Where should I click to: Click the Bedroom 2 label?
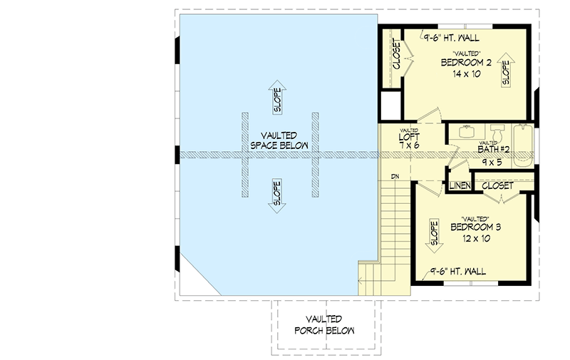click(x=466, y=63)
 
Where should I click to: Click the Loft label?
click(x=409, y=135)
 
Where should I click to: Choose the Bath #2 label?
click(x=492, y=150)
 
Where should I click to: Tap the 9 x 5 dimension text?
click(x=492, y=162)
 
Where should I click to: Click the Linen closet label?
click(x=458, y=186)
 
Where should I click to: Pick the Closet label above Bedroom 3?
click(x=498, y=185)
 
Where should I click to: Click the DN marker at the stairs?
click(x=394, y=176)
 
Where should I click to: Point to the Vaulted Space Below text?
click(x=278, y=140)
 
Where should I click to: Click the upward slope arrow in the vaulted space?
click(x=276, y=97)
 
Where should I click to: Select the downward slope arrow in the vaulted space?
click(x=276, y=195)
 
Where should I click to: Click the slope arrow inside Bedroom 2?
click(x=507, y=70)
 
